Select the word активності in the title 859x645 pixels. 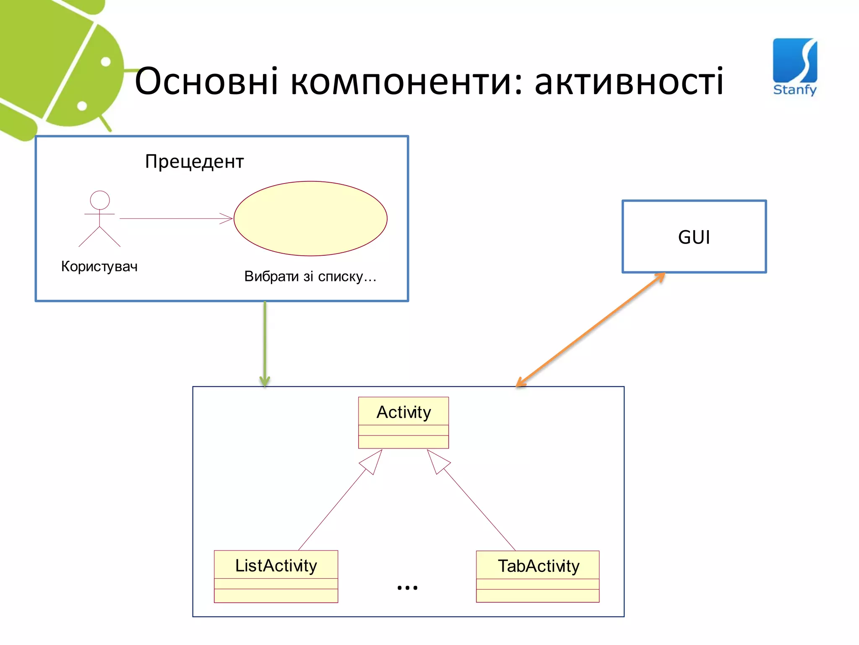(x=629, y=81)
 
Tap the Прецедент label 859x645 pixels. (x=194, y=162)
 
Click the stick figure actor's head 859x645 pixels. (x=100, y=200)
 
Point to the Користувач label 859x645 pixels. (x=99, y=267)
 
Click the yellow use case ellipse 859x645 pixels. (x=310, y=218)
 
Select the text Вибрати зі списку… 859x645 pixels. (x=310, y=276)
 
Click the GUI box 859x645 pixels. (x=694, y=237)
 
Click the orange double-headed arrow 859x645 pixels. (x=591, y=329)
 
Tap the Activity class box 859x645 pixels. (x=403, y=422)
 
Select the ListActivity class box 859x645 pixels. (x=276, y=576)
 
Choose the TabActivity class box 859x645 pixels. (x=538, y=577)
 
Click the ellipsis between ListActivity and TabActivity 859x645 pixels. (x=407, y=587)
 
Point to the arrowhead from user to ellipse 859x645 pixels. (x=227, y=218)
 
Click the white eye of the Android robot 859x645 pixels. (x=106, y=62)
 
